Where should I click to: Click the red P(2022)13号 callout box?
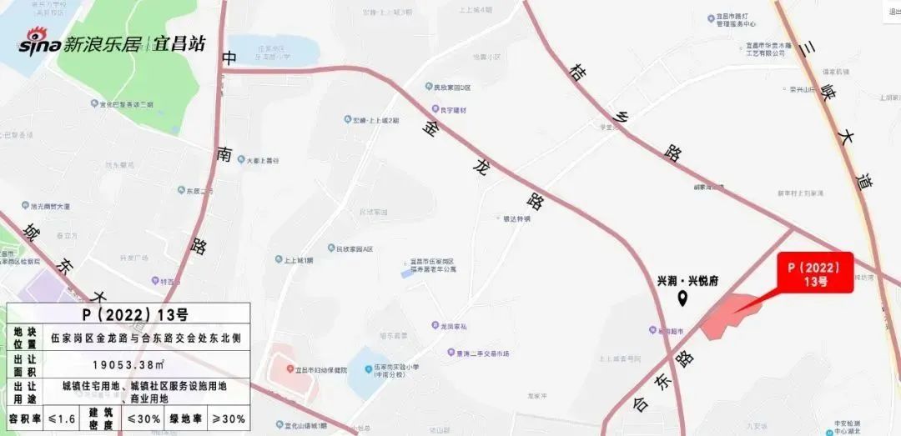point(814,272)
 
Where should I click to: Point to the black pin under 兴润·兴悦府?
point(682,298)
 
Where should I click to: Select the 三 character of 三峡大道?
point(804,50)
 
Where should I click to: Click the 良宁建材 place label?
point(450,110)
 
